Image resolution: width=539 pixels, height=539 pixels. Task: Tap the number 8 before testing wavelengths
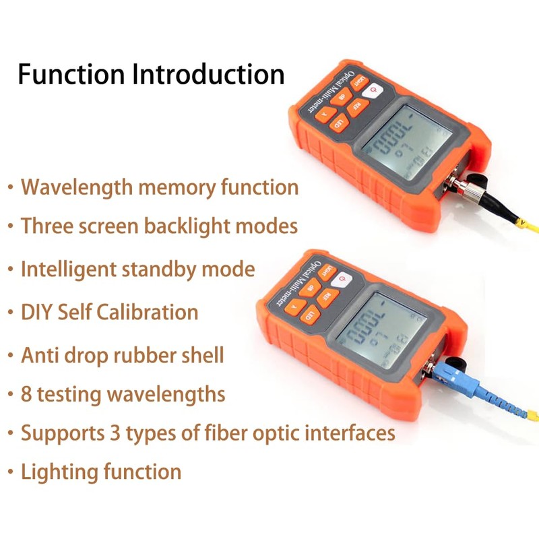pos(27,393)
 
